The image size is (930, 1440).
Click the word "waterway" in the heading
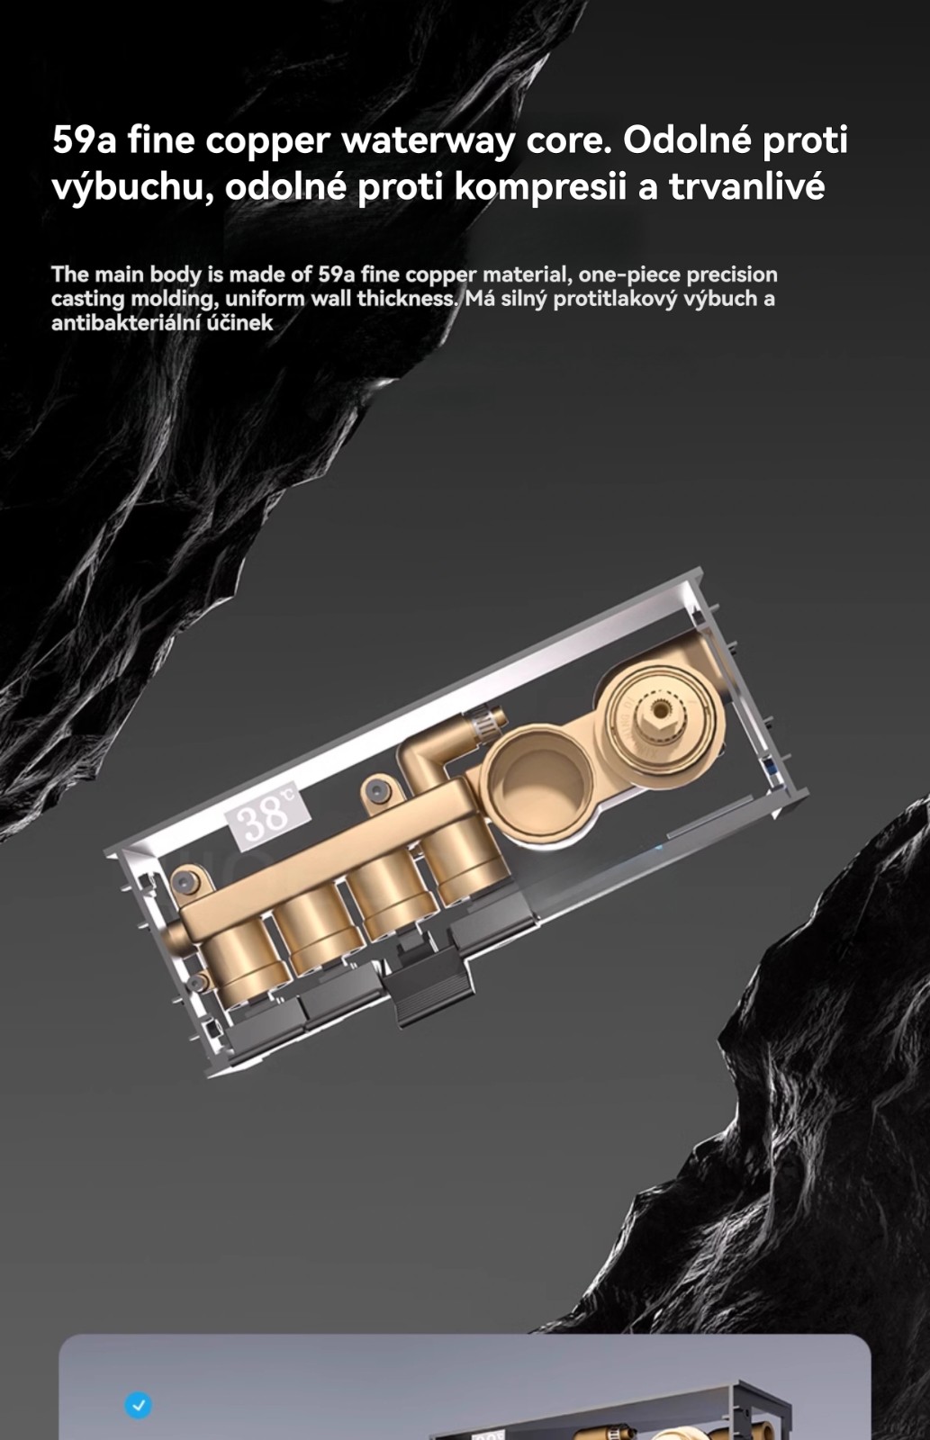point(428,140)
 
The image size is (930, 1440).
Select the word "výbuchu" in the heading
point(128,187)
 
